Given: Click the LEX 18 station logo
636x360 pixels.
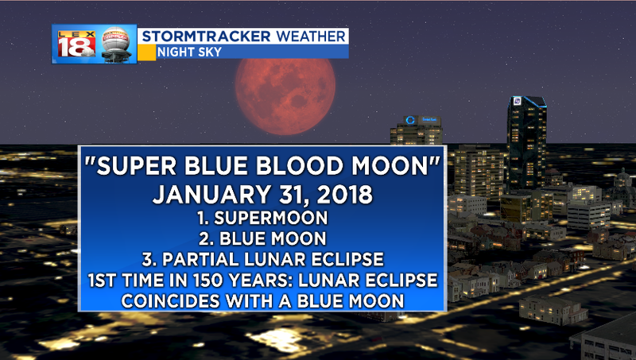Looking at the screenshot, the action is [x=76, y=44].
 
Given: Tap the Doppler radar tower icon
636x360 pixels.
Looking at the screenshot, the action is [x=116, y=45].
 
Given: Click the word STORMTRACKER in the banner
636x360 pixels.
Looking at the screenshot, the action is [x=206, y=36].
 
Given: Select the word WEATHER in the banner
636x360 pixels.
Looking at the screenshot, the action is [x=311, y=36].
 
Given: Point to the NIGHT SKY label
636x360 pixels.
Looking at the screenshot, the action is [x=189, y=52].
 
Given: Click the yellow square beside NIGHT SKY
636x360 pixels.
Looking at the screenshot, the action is [x=146, y=52].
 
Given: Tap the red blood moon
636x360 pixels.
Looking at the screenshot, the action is [x=285, y=96].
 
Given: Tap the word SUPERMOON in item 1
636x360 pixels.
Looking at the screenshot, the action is [x=271, y=218].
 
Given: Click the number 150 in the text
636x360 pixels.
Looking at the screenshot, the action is [x=210, y=281].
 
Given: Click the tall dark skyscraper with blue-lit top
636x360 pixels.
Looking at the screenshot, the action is [x=526, y=143].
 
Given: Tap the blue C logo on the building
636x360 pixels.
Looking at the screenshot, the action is [x=410, y=120].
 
